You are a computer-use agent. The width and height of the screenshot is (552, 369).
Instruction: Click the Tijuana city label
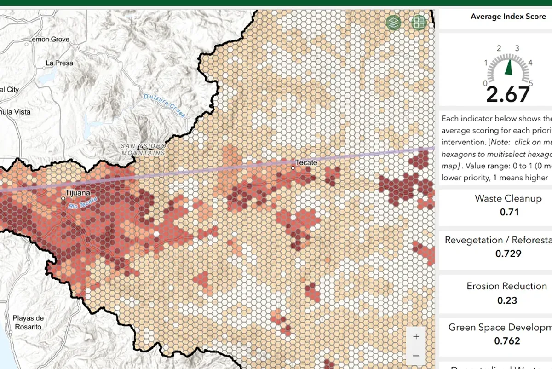point(78,193)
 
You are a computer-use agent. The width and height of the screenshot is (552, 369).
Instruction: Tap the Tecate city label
point(306,162)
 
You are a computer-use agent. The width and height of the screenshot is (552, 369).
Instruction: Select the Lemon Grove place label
point(49,40)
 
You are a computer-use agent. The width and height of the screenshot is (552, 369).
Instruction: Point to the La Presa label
point(59,63)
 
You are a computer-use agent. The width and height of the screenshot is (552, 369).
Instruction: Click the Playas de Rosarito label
point(28,322)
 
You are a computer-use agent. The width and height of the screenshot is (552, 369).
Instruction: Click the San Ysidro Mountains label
point(143,149)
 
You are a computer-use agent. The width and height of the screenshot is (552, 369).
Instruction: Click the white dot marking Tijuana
point(63,198)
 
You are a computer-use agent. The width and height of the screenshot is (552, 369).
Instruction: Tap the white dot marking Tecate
point(293,168)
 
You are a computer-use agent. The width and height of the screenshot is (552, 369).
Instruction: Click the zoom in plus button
point(416,336)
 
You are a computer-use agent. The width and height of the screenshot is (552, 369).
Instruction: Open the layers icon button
point(393,22)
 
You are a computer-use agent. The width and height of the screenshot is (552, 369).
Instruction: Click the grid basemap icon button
point(419,22)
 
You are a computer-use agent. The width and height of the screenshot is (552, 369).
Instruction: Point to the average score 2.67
point(508,95)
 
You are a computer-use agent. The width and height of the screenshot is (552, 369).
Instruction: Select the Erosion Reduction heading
point(506,286)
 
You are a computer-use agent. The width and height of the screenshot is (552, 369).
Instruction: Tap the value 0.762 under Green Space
point(507,341)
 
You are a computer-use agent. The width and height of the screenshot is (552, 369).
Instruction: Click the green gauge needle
point(508,67)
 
